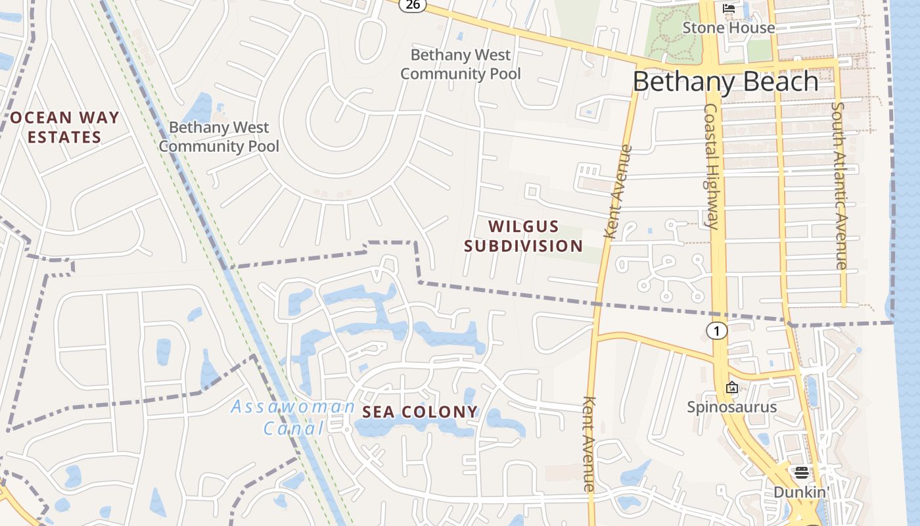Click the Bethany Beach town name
pyautogui.click(x=725, y=82)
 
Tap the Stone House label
pyautogui.click(x=728, y=28)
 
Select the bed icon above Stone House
pyautogui.click(x=729, y=9)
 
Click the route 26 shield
pyautogui.click(x=413, y=5)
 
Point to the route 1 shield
pyautogui.click(x=717, y=331)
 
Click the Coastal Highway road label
pyautogui.click(x=712, y=166)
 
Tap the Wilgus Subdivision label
pyautogui.click(x=523, y=237)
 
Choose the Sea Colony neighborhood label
pyautogui.click(x=421, y=412)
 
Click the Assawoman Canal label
pyautogui.click(x=293, y=418)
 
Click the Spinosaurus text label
pyautogui.click(x=731, y=407)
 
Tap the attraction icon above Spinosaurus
pyautogui.click(x=731, y=388)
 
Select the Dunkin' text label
pyautogui.click(x=800, y=492)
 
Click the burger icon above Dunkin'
pyautogui.click(x=801, y=473)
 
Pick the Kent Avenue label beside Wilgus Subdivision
pyautogui.click(x=616, y=192)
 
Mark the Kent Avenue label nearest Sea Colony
pyautogui.click(x=589, y=444)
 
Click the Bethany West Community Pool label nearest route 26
pyautogui.click(x=460, y=64)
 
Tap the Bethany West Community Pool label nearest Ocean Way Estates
pyautogui.click(x=219, y=137)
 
